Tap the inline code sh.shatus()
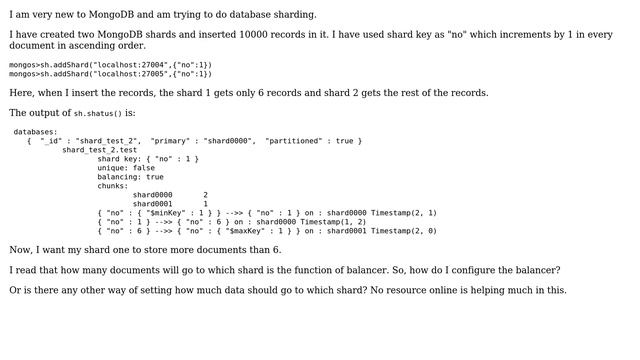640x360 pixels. point(97,114)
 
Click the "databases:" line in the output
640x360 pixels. point(36,132)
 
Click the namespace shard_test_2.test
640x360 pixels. point(100,150)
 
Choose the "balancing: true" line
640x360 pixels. point(131,177)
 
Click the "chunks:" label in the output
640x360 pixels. point(113,186)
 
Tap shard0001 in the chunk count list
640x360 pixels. point(153,204)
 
